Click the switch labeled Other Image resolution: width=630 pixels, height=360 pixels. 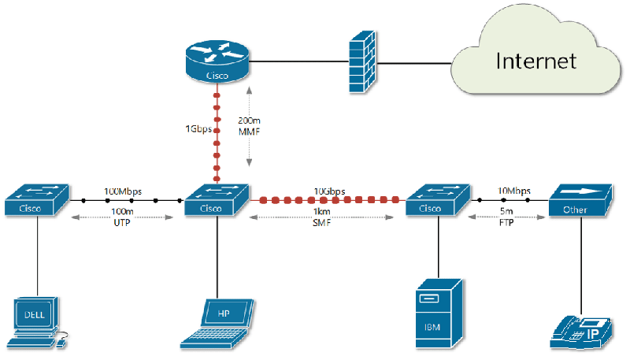[x=580, y=202]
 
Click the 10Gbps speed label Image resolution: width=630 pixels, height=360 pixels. [x=328, y=191]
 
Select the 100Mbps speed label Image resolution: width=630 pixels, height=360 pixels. [x=122, y=191]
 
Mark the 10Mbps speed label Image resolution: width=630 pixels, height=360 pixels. [x=513, y=191]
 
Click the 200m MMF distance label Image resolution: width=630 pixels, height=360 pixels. [x=248, y=127]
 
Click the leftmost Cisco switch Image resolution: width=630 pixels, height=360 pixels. [x=36, y=202]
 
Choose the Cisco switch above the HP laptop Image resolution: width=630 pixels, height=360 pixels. [x=217, y=202]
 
